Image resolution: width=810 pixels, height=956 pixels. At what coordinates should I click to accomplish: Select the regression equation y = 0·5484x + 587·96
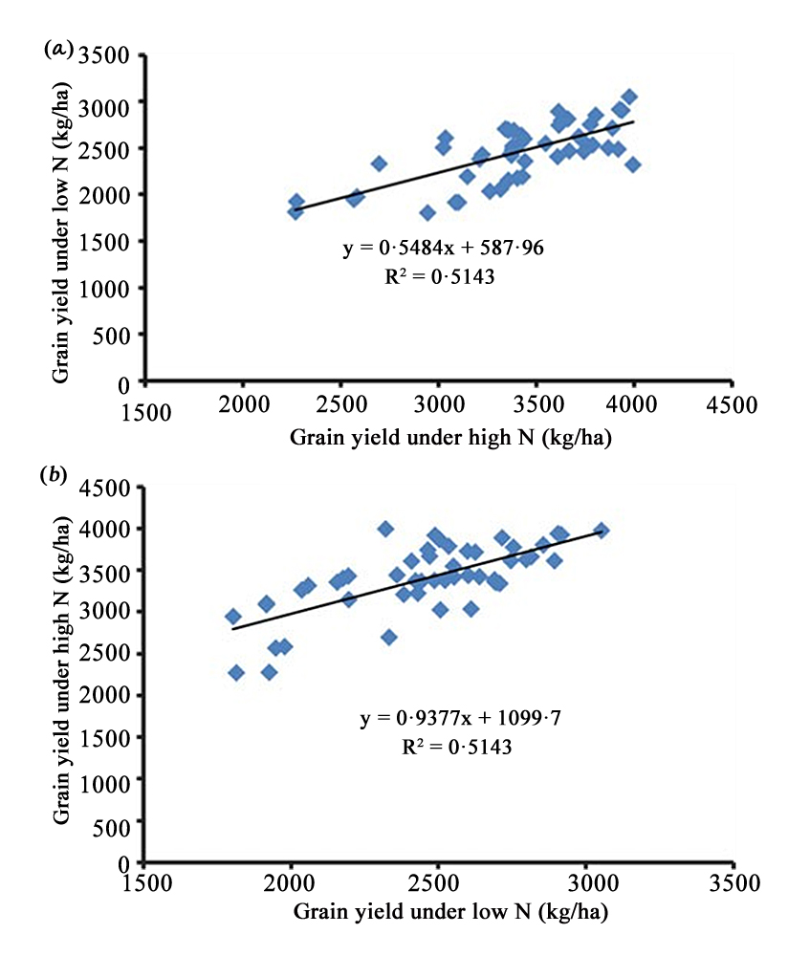tap(443, 249)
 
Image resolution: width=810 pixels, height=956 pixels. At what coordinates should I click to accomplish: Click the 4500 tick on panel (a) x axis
tap(732, 403)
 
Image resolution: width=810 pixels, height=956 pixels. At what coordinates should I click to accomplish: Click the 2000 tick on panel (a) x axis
tap(243, 403)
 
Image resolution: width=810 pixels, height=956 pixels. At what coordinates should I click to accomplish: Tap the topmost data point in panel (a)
tap(629, 98)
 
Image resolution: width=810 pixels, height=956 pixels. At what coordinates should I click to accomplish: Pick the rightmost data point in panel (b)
tap(602, 531)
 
